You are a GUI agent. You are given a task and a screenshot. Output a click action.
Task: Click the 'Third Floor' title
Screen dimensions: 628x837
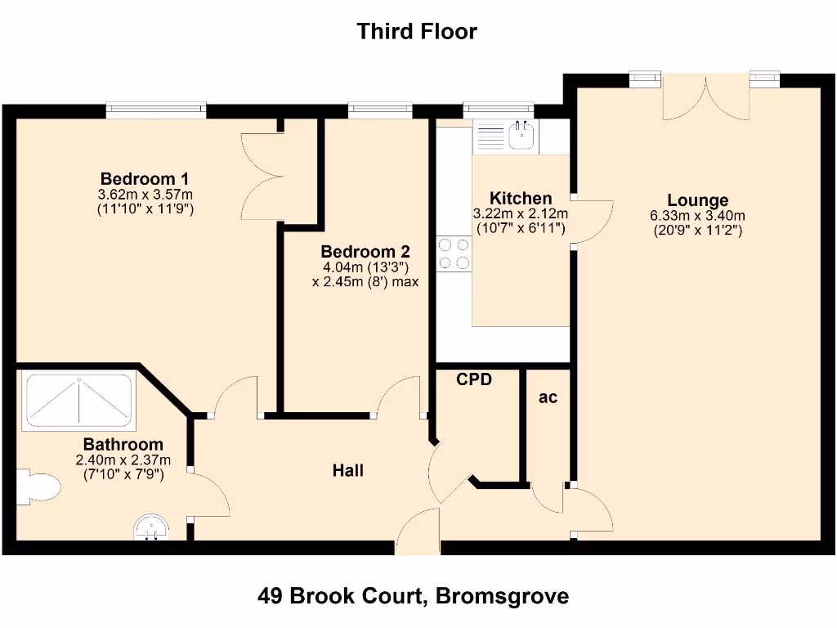coord(416,32)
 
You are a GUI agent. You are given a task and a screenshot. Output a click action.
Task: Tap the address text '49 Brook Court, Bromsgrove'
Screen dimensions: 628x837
coord(413,596)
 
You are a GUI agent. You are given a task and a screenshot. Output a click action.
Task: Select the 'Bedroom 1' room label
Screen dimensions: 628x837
coord(145,178)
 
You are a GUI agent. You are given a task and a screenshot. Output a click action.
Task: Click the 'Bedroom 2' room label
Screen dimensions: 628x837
coord(365,252)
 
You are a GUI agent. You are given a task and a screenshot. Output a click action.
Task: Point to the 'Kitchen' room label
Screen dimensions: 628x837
coord(520,198)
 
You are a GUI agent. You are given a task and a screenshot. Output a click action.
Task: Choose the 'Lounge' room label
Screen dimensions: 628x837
coord(697,200)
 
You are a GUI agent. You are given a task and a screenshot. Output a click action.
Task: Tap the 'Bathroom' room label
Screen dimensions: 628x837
coord(123,444)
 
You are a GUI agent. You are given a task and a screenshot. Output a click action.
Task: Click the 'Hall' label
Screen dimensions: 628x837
coord(347,470)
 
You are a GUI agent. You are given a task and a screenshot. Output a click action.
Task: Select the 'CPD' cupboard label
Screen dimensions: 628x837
coord(474,379)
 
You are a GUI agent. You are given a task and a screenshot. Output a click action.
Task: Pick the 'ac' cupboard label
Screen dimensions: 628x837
coord(548,397)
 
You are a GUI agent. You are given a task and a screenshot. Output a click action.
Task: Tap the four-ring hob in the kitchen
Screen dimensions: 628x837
coord(454,253)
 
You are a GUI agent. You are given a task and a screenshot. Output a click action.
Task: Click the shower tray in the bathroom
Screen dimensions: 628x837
coord(78,401)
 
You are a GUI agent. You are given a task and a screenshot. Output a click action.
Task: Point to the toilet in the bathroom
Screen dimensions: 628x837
coord(39,488)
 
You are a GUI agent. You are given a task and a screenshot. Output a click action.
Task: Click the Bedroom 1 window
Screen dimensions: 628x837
coord(155,110)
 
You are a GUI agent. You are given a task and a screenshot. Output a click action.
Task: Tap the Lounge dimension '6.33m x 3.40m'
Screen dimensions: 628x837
coord(697,216)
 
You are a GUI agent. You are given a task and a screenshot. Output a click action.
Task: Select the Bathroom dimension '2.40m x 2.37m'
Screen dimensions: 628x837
coord(123,460)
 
